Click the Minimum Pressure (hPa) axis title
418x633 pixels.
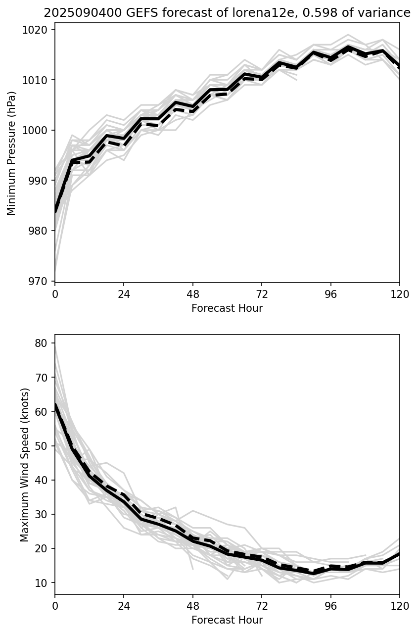pos(12,153)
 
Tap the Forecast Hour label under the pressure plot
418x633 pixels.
pos(227,308)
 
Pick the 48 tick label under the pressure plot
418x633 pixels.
pos(193,294)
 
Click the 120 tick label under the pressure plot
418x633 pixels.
pos(399,294)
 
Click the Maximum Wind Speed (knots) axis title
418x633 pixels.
pos(25,464)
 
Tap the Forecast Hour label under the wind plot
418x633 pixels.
pos(227,620)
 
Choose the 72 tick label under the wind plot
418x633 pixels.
pos(262,605)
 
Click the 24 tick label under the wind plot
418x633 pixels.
pos(124,605)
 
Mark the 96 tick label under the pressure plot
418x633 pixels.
pos(330,294)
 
